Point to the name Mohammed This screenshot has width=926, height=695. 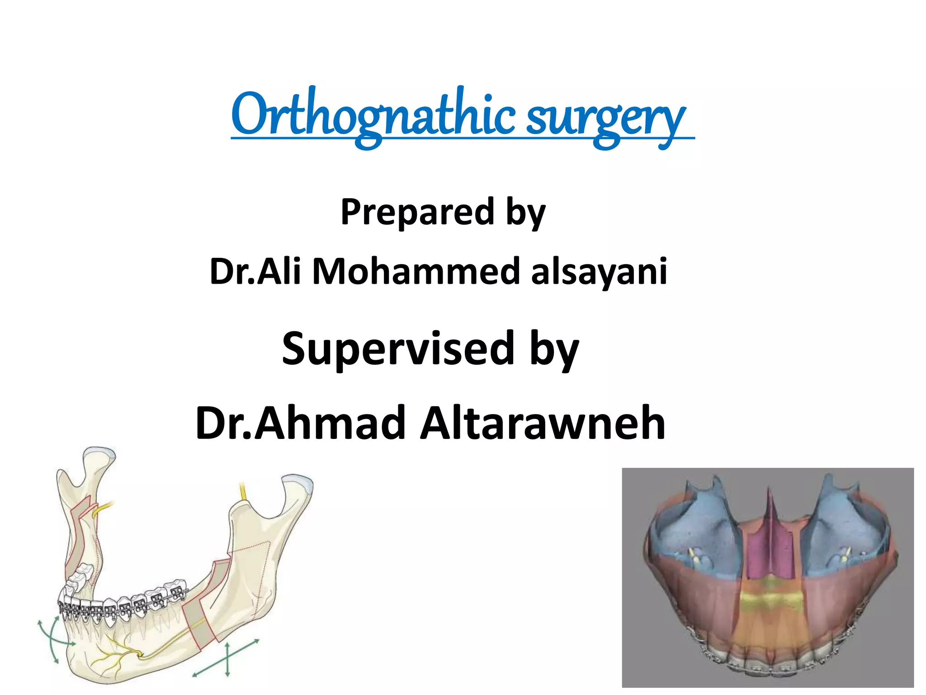[x=416, y=271]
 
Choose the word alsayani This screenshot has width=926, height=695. [x=599, y=271]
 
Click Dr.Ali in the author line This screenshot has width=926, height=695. [x=255, y=271]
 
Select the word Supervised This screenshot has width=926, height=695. [x=398, y=348]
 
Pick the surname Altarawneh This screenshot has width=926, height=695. [x=543, y=423]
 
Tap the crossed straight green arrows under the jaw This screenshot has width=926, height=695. [x=227, y=658]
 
